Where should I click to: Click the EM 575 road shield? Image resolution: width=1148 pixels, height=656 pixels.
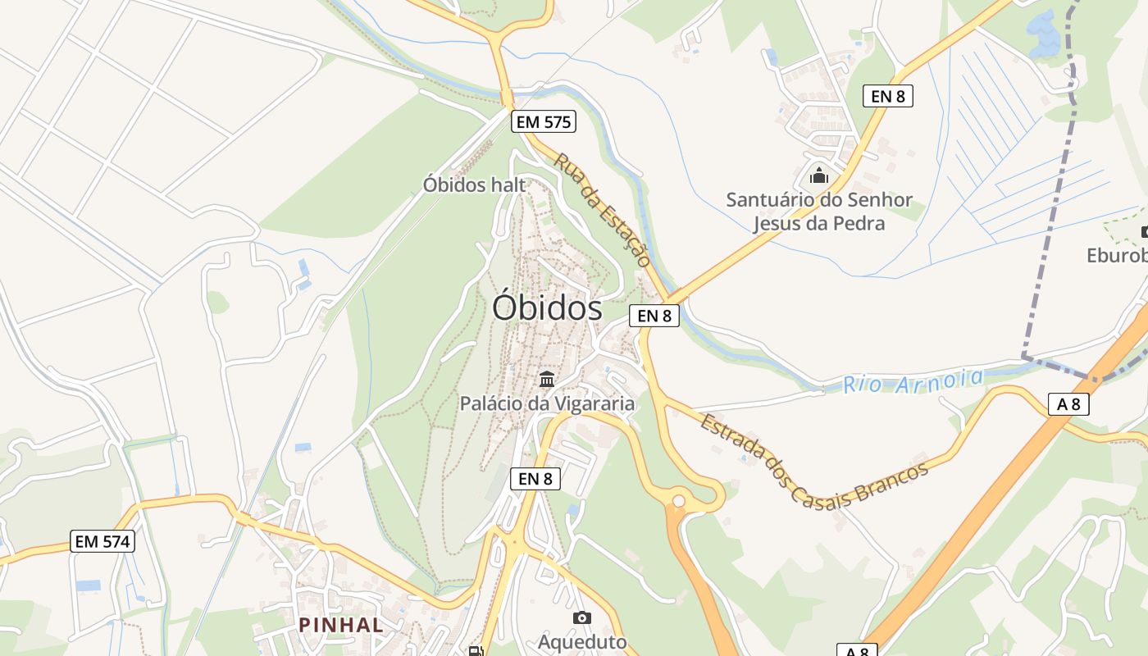[x=544, y=122]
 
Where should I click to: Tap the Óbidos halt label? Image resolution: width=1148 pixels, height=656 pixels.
[x=474, y=184]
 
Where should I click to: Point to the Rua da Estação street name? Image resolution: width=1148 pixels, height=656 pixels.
[x=603, y=210]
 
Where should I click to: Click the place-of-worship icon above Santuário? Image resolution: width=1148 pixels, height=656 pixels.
[x=818, y=175]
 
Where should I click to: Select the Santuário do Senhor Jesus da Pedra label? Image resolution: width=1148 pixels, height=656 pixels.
[x=818, y=212]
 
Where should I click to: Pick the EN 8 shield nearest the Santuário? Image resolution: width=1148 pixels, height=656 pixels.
[x=888, y=96]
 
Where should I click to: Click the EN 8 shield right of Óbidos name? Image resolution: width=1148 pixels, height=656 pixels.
[x=654, y=315]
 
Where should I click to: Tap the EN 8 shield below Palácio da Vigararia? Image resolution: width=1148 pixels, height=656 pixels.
[x=535, y=479]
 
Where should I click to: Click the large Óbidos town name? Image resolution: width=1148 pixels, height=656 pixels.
[x=547, y=308]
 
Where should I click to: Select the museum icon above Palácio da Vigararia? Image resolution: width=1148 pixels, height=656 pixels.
[x=547, y=379]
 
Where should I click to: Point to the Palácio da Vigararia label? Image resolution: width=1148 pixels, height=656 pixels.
[x=547, y=403]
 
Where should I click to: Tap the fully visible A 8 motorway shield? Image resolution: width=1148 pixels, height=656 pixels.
[x=1068, y=403]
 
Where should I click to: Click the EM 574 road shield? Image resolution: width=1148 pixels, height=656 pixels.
[x=102, y=541]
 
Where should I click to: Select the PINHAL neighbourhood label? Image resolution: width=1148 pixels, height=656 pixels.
[x=341, y=625]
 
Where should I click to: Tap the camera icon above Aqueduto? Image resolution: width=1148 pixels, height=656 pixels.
[x=582, y=617]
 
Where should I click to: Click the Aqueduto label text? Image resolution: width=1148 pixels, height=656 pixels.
[x=582, y=642]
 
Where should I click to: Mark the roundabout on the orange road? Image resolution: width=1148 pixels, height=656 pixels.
[x=679, y=500]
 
